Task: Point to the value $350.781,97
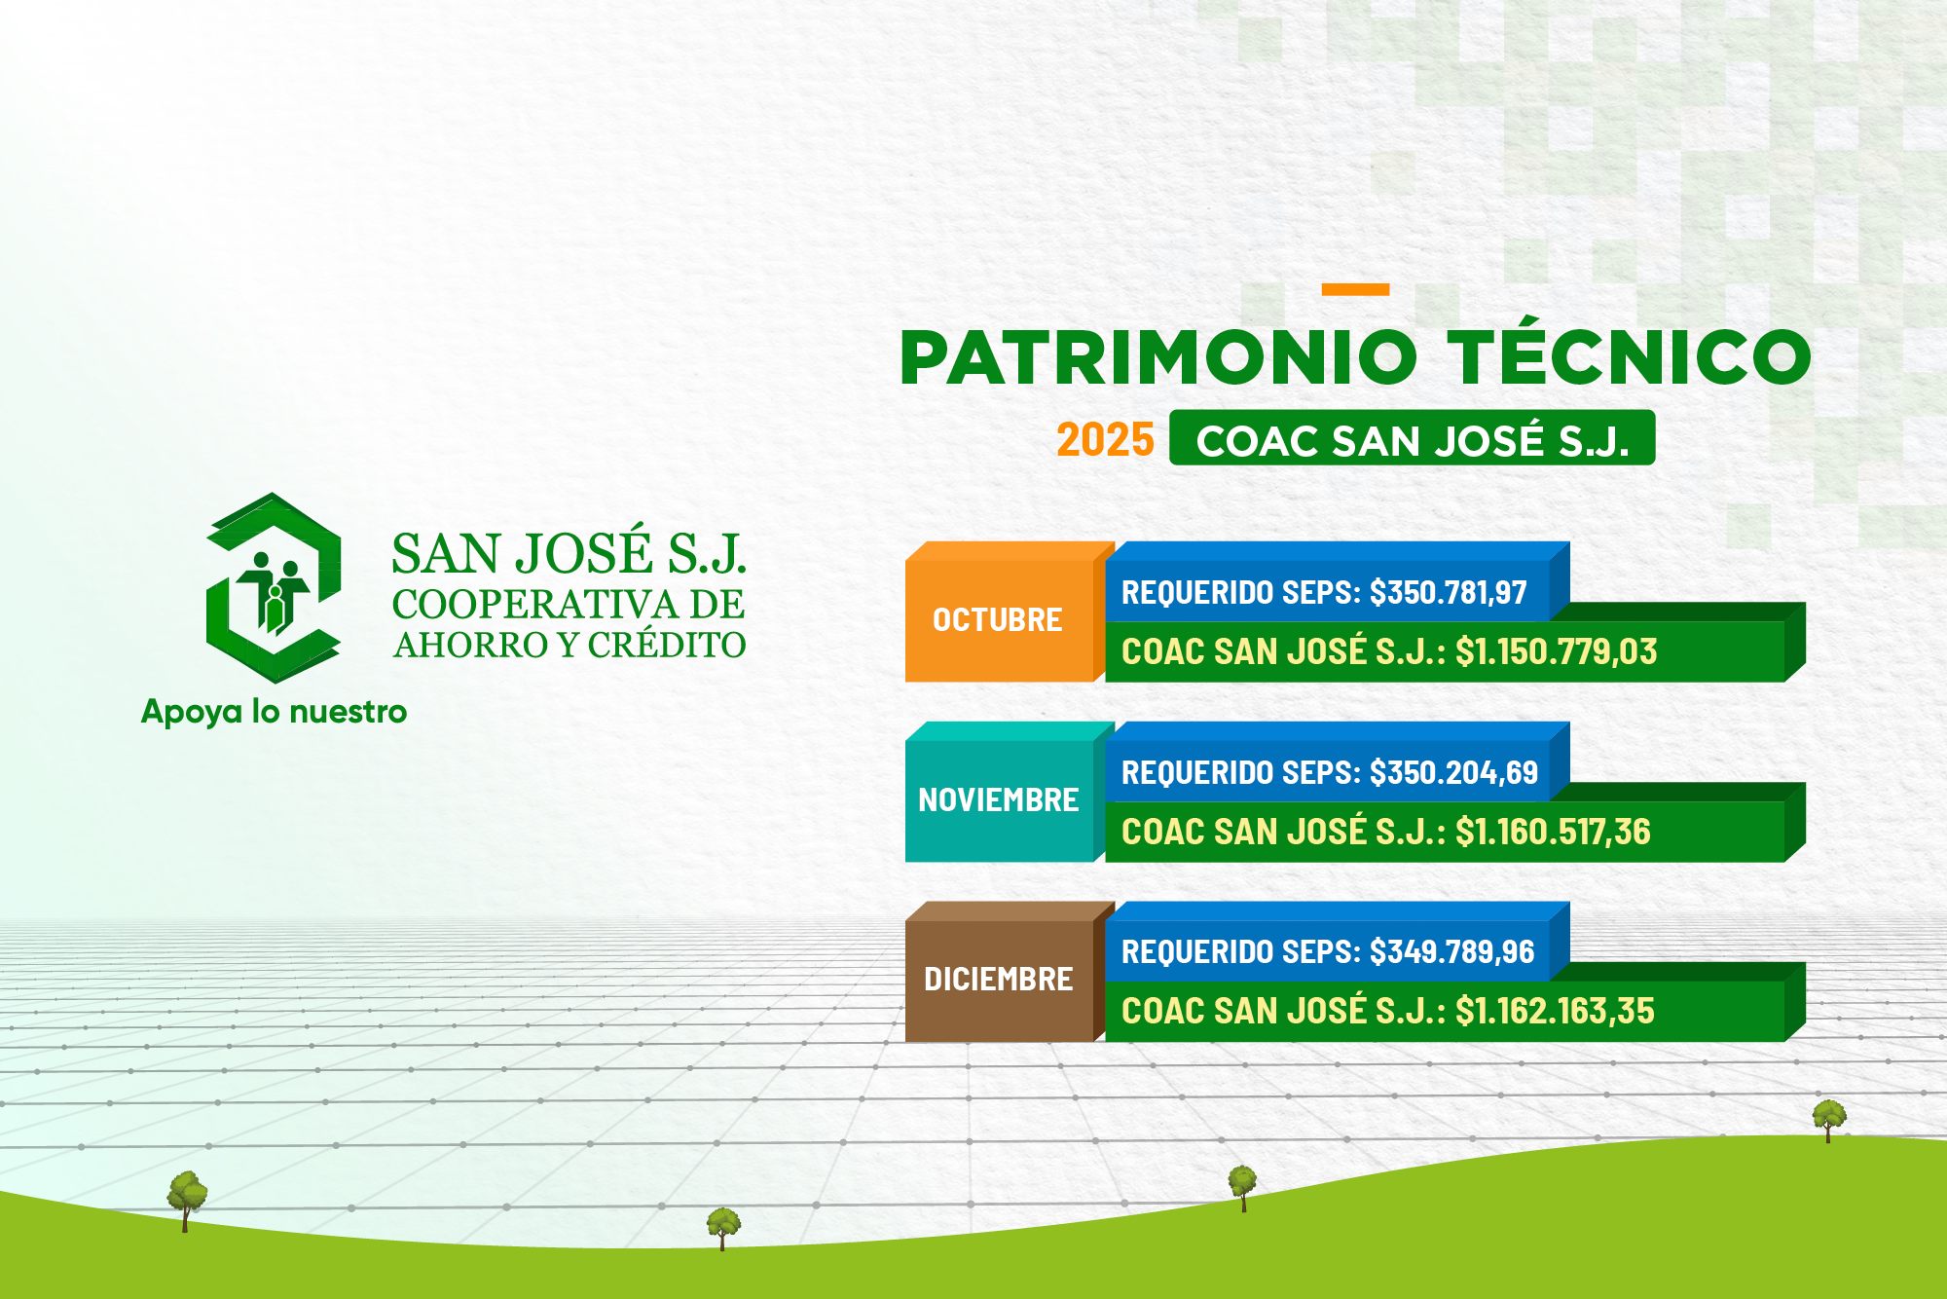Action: tap(1448, 592)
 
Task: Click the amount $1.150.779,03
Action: tap(1556, 651)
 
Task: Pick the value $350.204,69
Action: tap(1453, 772)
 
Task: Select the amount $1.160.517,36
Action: tap(1553, 832)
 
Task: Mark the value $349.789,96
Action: tap(1451, 951)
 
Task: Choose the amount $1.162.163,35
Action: tap(1555, 1011)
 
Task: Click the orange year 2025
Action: tap(1105, 440)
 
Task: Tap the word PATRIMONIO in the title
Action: tap(1158, 357)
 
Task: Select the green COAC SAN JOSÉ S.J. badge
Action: tap(1412, 437)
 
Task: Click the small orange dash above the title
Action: tap(1355, 289)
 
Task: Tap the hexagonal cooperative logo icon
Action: tap(274, 587)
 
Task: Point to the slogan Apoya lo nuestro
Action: tap(274, 712)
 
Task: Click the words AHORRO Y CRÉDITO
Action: tap(569, 645)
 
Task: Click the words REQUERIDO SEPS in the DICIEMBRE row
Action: tap(1239, 951)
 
